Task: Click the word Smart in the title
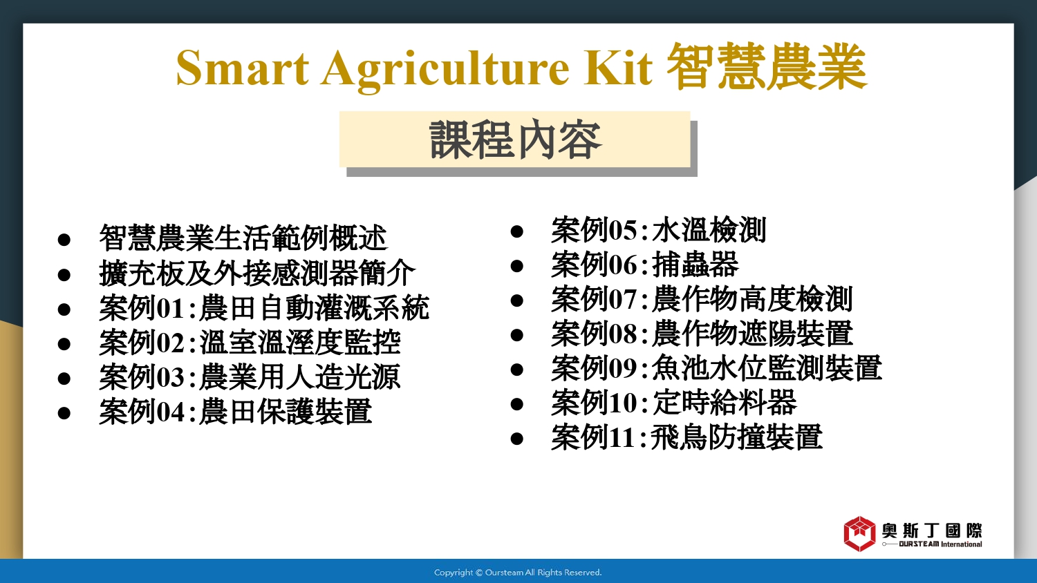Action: (x=242, y=68)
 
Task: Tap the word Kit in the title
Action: (x=618, y=68)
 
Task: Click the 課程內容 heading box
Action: (x=515, y=140)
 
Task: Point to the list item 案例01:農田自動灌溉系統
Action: (x=264, y=308)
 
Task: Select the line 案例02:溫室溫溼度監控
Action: (x=250, y=343)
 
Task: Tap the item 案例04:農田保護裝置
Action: (x=236, y=412)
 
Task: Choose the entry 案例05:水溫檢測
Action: (x=659, y=230)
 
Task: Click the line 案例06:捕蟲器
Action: (x=644, y=265)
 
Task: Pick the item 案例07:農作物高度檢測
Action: (x=702, y=299)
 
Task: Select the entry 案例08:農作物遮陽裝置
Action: (x=702, y=334)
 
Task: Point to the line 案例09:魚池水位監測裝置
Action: (x=717, y=368)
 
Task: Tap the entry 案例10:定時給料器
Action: (x=674, y=403)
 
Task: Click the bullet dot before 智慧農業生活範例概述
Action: (x=64, y=240)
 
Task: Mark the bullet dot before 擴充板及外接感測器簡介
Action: (x=64, y=275)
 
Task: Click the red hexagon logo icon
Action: (x=859, y=534)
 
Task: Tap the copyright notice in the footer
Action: (x=518, y=573)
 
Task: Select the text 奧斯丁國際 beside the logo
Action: (x=931, y=531)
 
